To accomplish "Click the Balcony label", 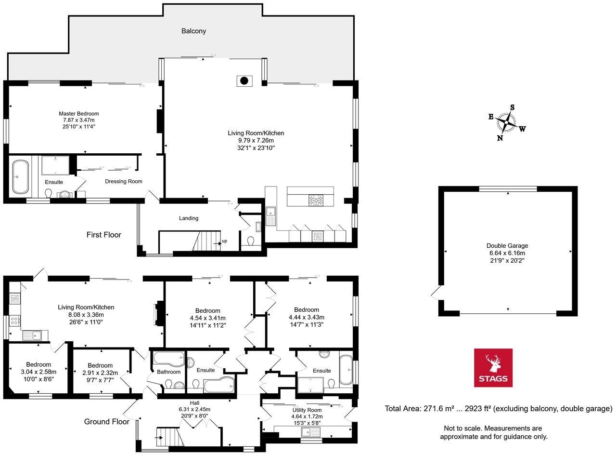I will point(193,31).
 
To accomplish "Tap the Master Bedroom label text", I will point(78,114).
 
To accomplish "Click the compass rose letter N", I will point(500,138).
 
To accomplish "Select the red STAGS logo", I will point(493,368).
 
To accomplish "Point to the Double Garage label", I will point(507,246).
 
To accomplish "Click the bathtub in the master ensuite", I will point(20,176).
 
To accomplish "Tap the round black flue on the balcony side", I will point(244,81).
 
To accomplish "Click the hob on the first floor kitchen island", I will point(316,201).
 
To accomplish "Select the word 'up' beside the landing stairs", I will point(224,241).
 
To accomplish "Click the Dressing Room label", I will point(124,181).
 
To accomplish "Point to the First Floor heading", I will point(103,235).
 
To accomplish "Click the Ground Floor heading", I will point(106,421).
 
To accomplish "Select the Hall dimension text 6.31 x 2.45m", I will point(194,409).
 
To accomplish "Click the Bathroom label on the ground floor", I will point(168,372).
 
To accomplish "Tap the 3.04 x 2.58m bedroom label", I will point(38,372).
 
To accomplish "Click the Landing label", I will point(189,218).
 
